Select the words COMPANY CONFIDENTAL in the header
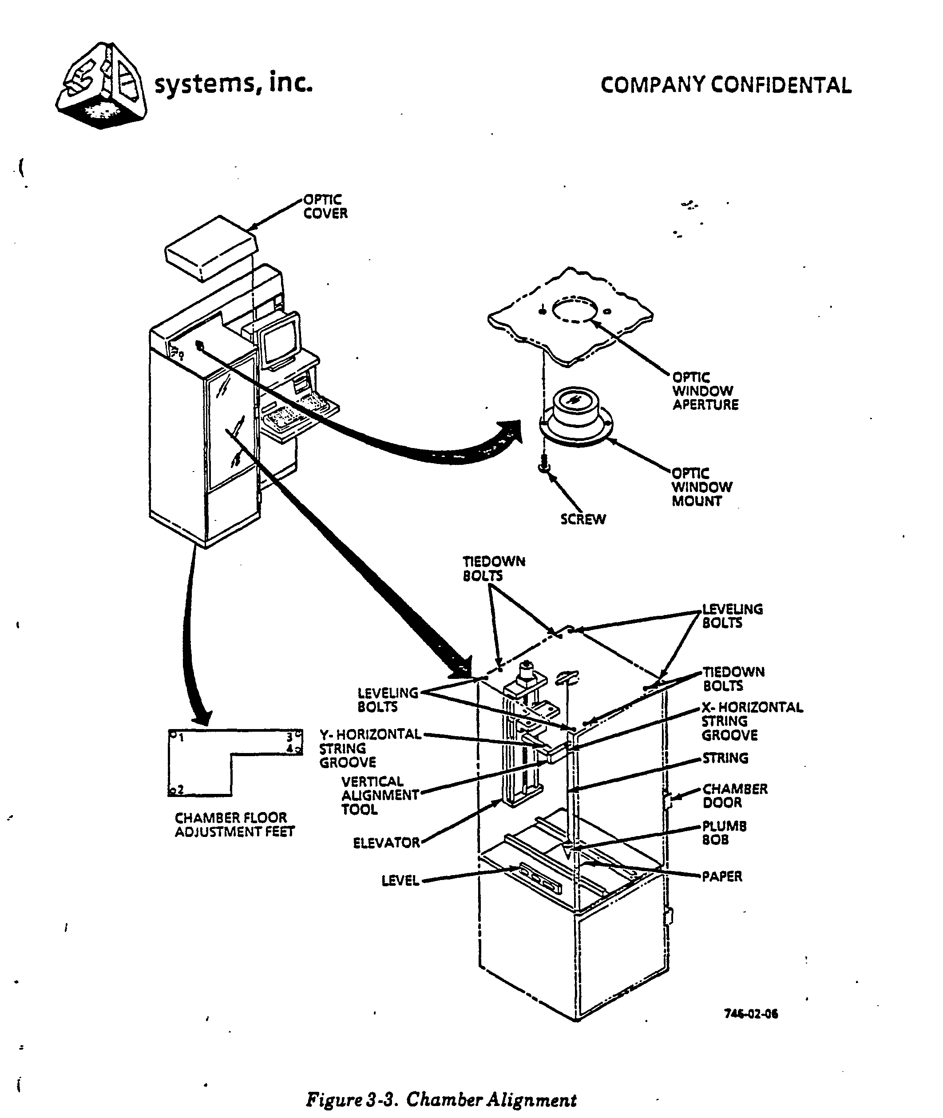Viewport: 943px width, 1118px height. coord(725,86)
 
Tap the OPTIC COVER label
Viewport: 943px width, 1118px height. coord(325,206)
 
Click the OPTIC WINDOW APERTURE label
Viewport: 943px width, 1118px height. coord(705,391)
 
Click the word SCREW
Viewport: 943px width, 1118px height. coord(582,519)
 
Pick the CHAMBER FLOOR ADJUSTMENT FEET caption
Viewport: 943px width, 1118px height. coord(234,825)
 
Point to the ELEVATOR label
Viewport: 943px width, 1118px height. coord(386,843)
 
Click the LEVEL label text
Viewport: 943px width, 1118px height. coord(400,880)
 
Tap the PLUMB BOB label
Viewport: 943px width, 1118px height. coord(724,833)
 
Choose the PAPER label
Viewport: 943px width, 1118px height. coord(722,876)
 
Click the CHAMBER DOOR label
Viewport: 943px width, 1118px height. coord(734,796)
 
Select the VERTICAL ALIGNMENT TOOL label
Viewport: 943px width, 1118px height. coord(380,795)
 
